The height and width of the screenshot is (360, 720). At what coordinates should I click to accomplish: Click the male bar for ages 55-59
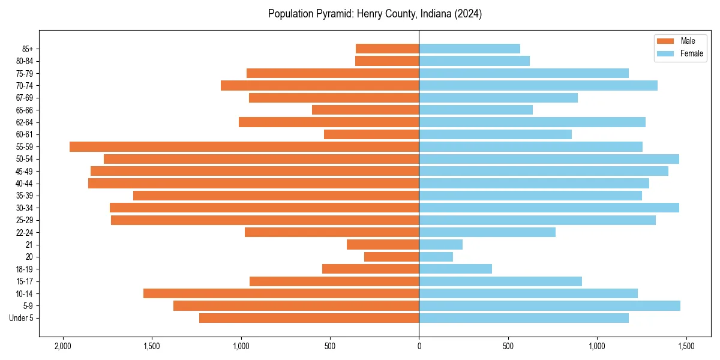click(244, 146)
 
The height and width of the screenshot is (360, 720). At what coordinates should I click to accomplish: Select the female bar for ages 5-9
click(550, 305)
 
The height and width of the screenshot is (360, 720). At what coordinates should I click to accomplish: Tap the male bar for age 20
click(391, 257)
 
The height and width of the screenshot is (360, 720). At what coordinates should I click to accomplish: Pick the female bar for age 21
click(440, 244)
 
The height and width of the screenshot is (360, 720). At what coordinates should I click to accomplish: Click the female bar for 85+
click(469, 49)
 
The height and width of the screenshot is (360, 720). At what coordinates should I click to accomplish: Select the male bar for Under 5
click(309, 318)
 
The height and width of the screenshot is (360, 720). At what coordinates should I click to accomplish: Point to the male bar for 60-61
click(371, 134)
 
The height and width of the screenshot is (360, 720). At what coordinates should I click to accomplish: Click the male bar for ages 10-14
click(281, 293)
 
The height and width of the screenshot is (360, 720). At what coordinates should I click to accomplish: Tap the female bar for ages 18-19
click(455, 269)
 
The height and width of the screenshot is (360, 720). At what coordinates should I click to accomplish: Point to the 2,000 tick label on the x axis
click(62, 347)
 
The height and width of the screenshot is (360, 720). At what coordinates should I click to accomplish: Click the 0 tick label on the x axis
click(419, 347)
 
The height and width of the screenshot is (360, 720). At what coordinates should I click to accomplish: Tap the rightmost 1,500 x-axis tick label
click(686, 347)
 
